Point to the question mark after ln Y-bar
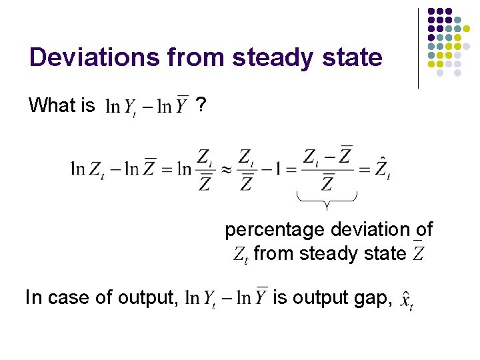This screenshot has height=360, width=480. [201, 105]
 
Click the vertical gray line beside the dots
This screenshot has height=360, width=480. [418, 48]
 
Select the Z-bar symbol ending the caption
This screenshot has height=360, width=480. [419, 253]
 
